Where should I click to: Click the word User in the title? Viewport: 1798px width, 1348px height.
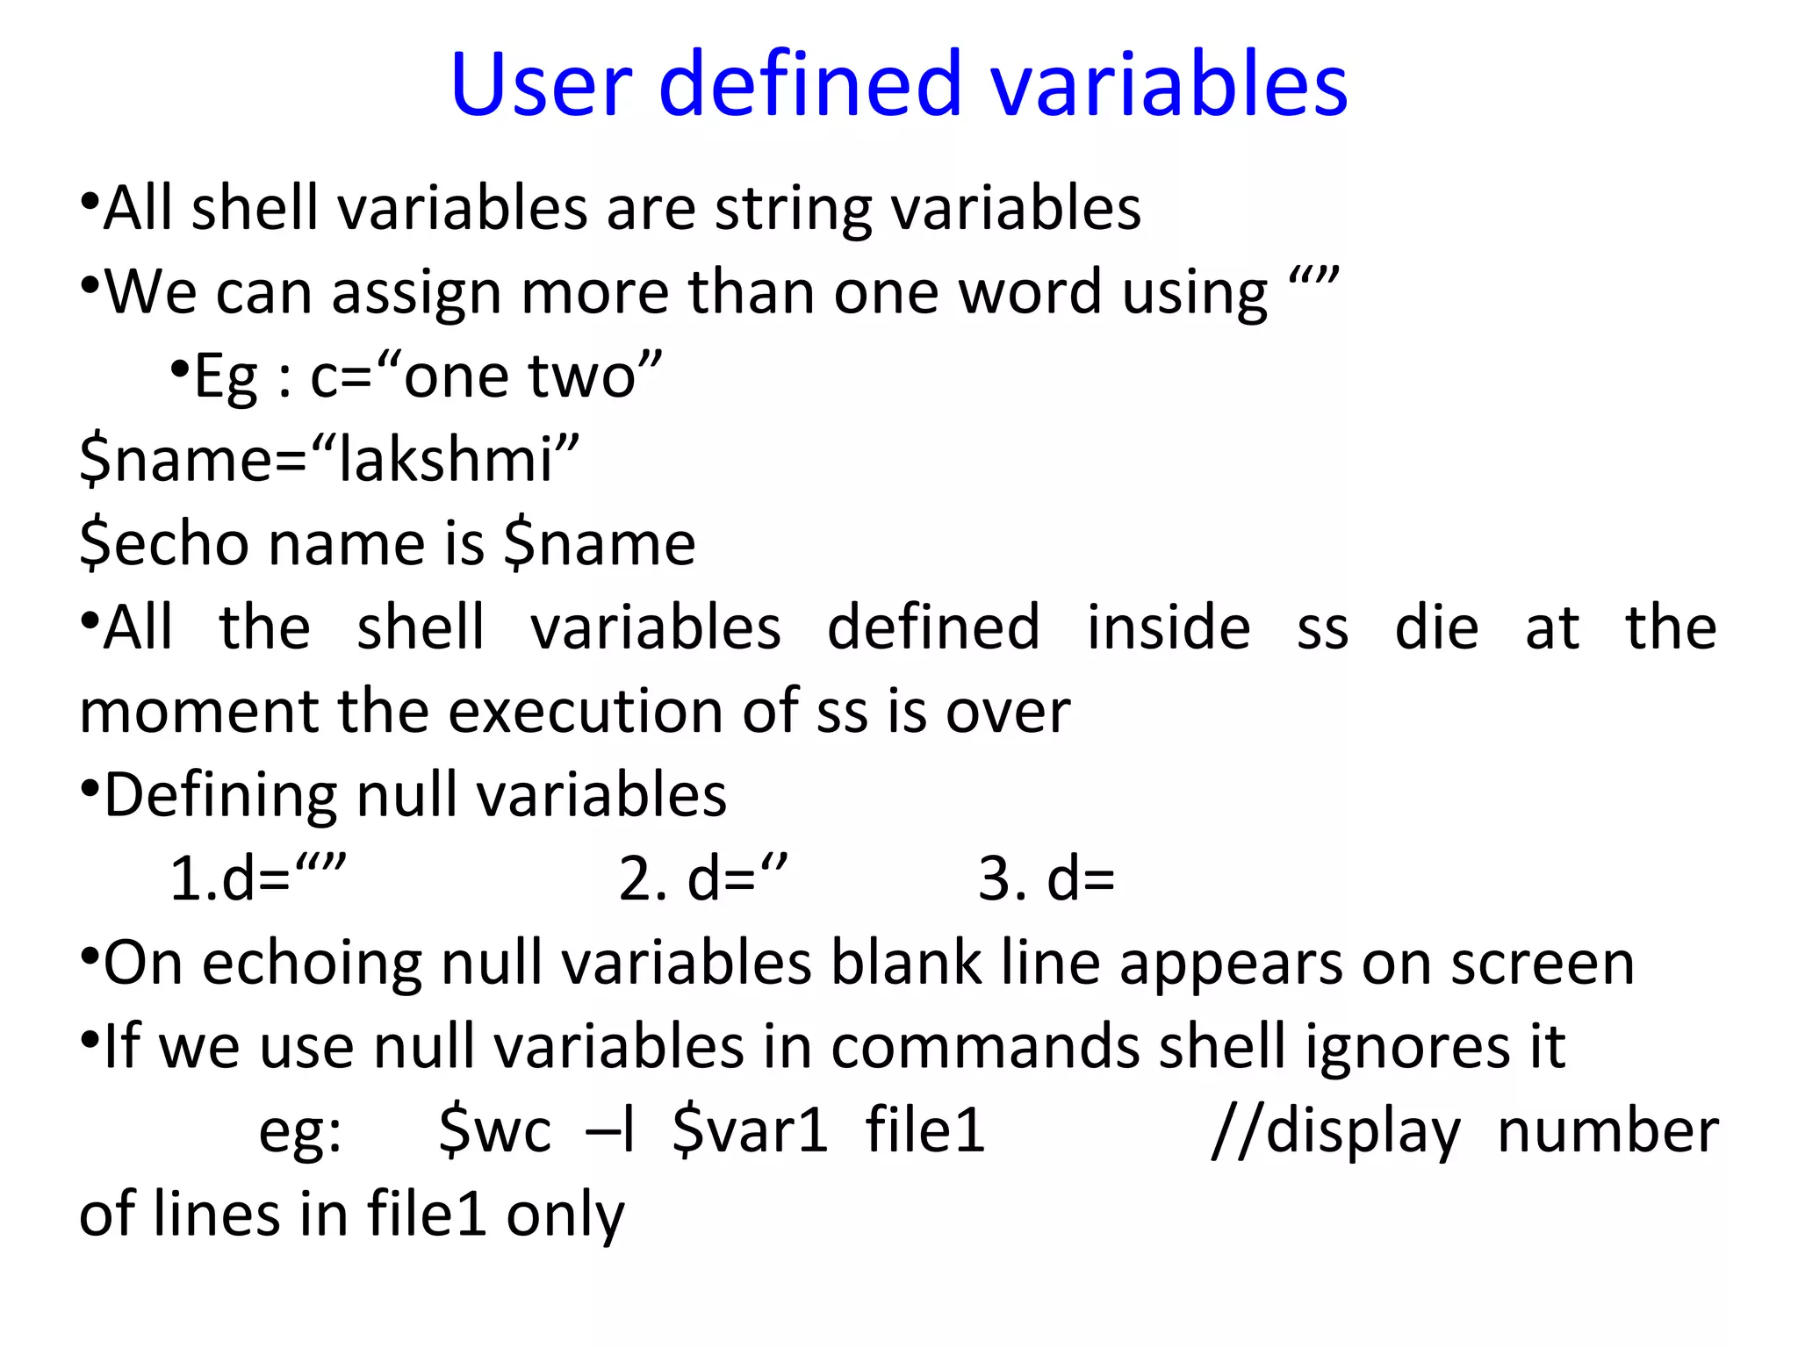point(541,84)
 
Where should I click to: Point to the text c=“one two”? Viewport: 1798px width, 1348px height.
point(485,377)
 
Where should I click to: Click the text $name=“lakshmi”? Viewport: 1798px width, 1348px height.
point(329,460)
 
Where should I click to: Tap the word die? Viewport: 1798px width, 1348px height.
point(1436,627)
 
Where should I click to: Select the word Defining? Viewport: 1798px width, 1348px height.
point(219,796)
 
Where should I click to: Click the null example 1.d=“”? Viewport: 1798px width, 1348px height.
point(258,878)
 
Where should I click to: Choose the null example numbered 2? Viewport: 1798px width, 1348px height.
point(702,878)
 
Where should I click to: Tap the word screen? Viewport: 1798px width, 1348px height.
point(1542,963)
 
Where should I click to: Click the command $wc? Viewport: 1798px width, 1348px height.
point(495,1130)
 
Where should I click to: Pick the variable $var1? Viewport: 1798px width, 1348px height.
point(750,1130)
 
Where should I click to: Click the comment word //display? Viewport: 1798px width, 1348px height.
point(1335,1130)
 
